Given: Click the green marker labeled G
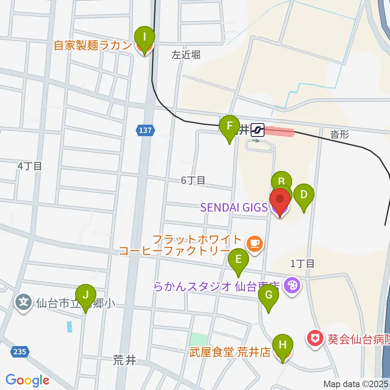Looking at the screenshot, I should [x=269, y=297].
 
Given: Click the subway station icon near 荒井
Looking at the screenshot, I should [x=258, y=130].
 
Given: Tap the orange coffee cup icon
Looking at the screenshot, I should [x=255, y=243].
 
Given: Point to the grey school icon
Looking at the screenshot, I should [x=24, y=302].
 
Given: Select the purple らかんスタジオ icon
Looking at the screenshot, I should [x=292, y=286].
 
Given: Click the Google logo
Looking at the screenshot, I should [x=27, y=380].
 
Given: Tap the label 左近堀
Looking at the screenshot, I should [x=186, y=56].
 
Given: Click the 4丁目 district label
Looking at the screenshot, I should [x=30, y=166].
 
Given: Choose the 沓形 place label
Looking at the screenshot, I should [x=339, y=135].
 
